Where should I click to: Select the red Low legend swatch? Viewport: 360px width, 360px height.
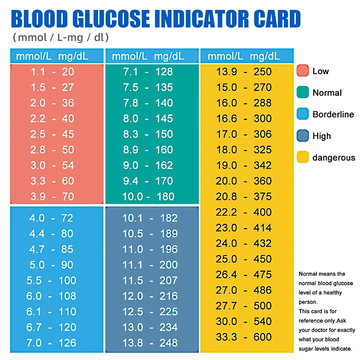(x=303, y=71)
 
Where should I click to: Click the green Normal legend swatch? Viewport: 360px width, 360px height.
(x=303, y=92)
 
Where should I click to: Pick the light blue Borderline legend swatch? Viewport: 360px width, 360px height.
(x=303, y=114)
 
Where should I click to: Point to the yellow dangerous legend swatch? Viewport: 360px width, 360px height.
(x=303, y=157)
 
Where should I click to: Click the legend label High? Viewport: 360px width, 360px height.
(x=322, y=136)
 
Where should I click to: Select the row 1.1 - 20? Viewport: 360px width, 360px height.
(x=52, y=72)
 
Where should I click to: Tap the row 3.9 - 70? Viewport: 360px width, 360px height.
(x=52, y=197)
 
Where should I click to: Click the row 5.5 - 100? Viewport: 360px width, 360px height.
(x=52, y=280)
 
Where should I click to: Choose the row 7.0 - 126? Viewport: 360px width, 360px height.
(x=52, y=343)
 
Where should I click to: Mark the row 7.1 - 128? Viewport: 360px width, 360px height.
(x=148, y=72)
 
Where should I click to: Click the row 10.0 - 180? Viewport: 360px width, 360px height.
(x=148, y=197)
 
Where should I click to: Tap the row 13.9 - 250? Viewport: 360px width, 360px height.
(x=244, y=72)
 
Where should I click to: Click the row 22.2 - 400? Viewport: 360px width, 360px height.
(x=244, y=212)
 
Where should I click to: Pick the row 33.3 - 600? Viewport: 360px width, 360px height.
(x=244, y=337)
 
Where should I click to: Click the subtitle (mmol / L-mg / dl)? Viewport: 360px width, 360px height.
(x=61, y=37)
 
